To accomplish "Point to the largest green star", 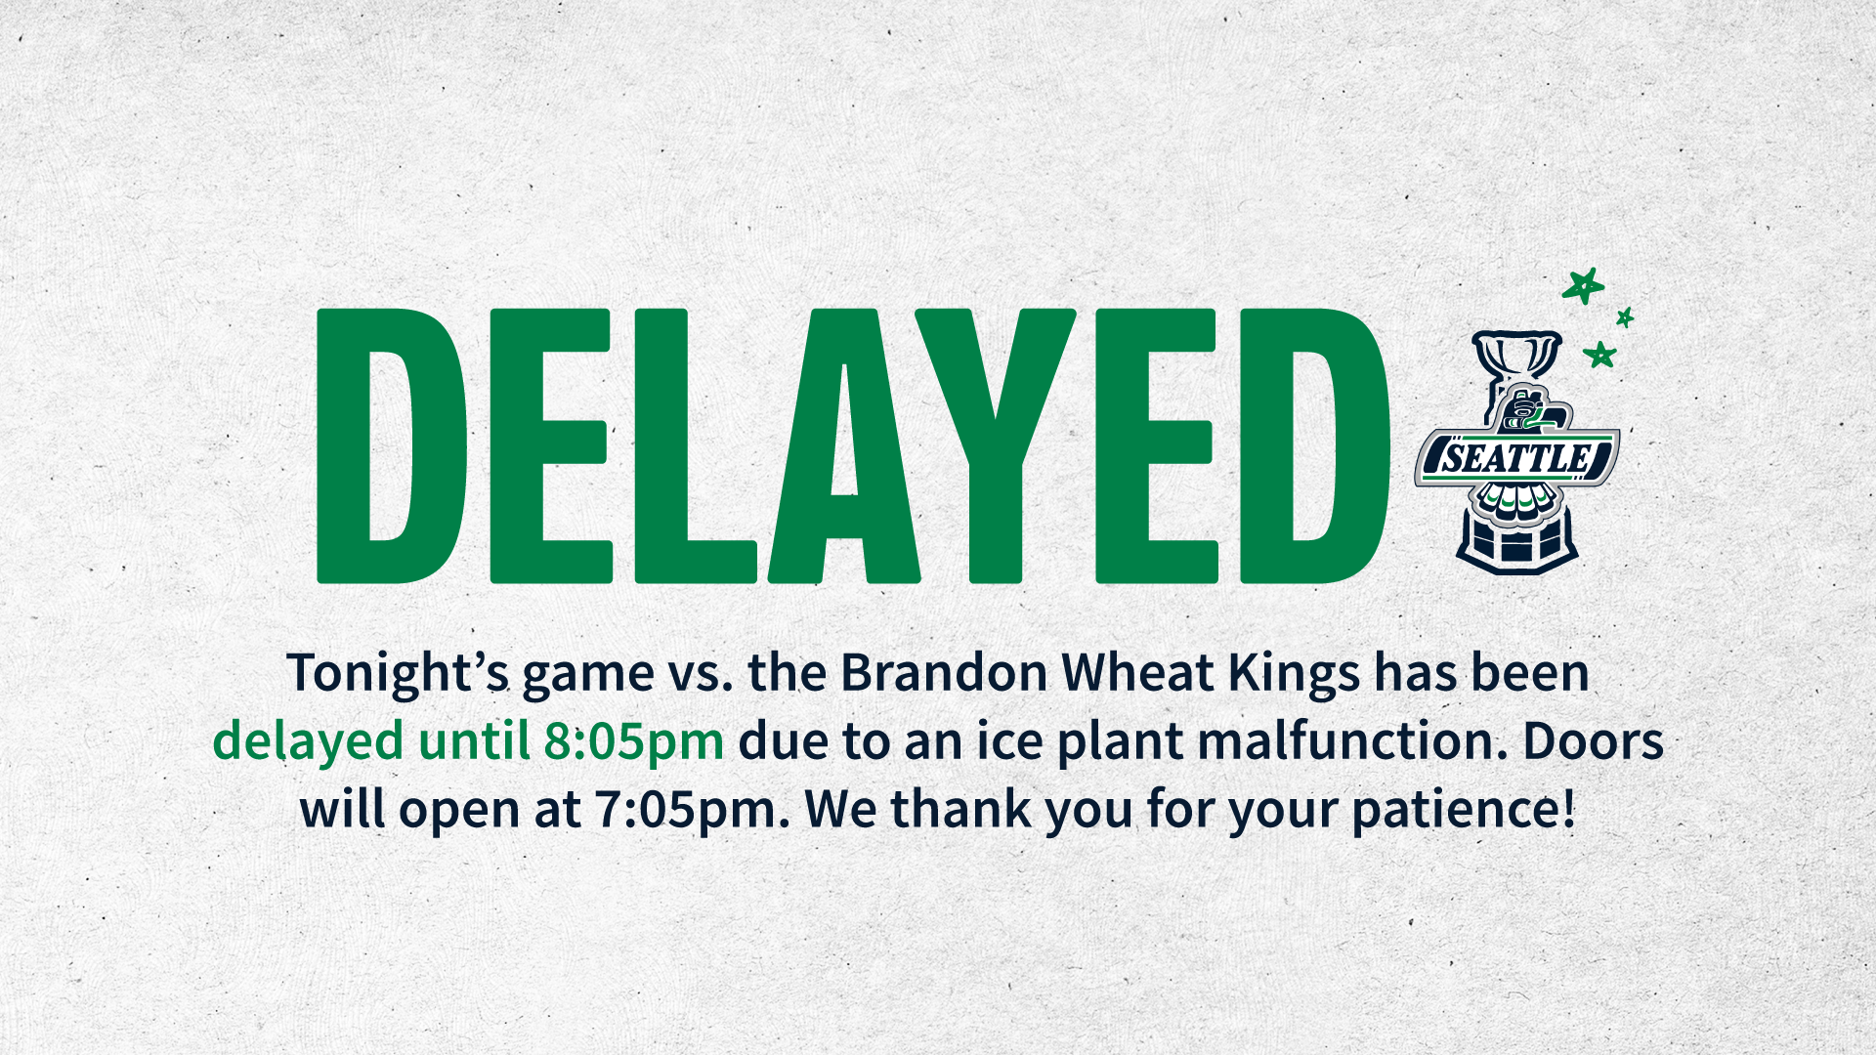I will [1583, 286].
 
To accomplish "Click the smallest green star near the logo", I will [1625, 316].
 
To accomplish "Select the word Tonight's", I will [398, 674].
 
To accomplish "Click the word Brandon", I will [944, 673].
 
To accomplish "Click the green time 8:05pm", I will [633, 740].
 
